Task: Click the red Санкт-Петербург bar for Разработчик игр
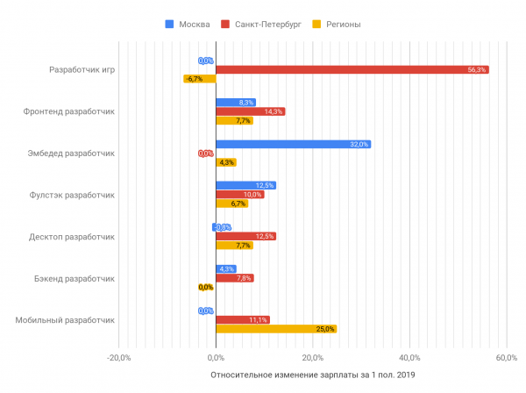(x=351, y=69)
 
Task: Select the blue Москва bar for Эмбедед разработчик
(x=293, y=144)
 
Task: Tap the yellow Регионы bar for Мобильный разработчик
(x=275, y=329)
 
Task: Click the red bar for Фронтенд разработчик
(x=250, y=111)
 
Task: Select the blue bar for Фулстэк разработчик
(x=245, y=185)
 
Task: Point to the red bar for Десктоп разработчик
(x=245, y=236)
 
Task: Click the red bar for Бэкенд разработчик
(x=234, y=278)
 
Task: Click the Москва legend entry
(x=188, y=24)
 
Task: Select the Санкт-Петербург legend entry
(x=262, y=24)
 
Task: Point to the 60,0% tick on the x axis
(x=506, y=357)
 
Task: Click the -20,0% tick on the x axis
(x=119, y=357)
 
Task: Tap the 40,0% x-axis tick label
(x=409, y=357)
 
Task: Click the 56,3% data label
(x=477, y=69)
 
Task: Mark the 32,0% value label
(x=359, y=144)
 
